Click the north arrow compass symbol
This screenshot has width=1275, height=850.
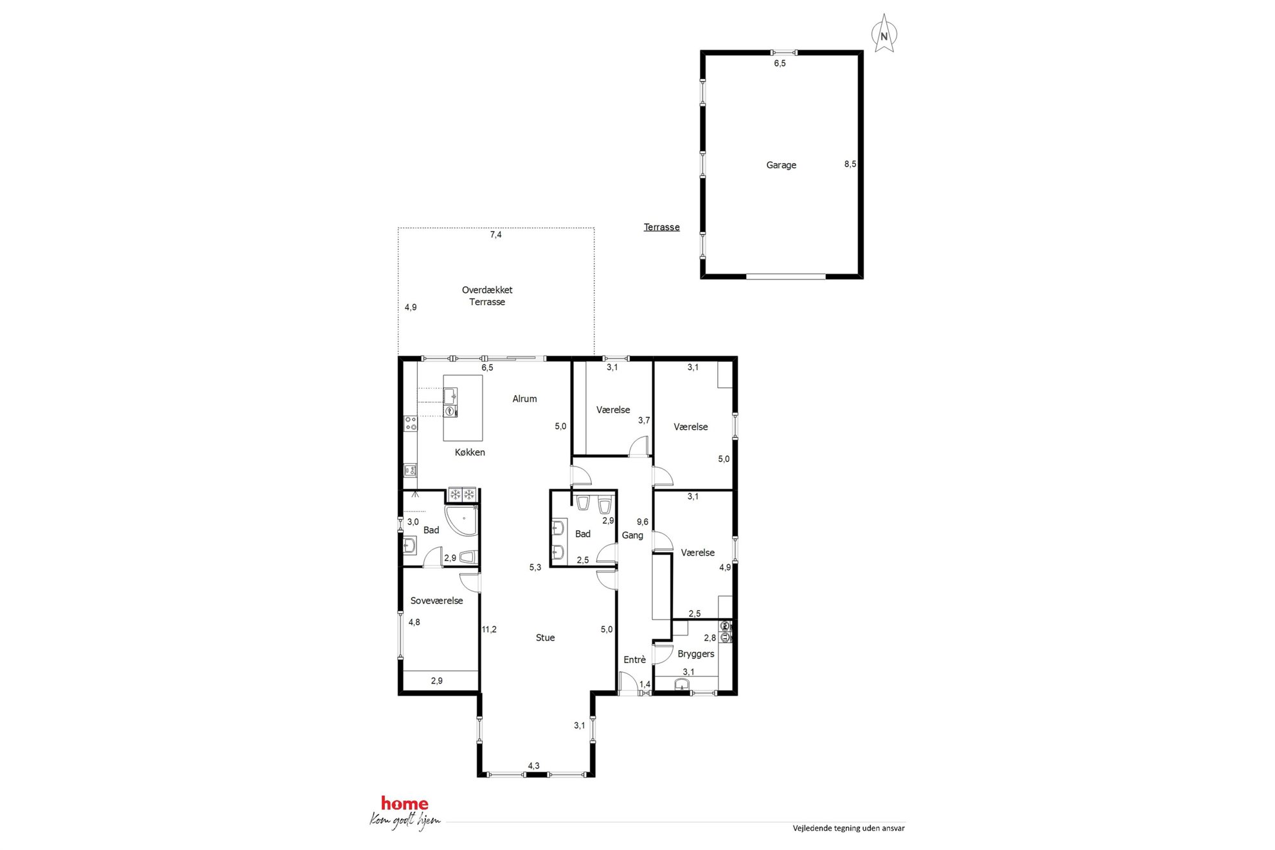click(884, 33)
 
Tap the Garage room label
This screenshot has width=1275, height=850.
click(781, 165)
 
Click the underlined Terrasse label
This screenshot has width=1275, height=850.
click(661, 227)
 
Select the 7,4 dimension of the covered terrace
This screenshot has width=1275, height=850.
click(495, 235)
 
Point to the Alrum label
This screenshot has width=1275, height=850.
click(524, 398)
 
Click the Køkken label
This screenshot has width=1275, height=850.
click(470, 452)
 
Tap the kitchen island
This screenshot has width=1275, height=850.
click(463, 408)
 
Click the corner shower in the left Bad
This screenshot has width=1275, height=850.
click(462, 520)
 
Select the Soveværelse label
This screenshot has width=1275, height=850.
click(436, 601)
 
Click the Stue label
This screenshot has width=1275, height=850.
click(545, 637)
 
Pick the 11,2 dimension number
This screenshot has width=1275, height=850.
click(489, 630)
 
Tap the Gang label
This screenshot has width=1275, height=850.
click(632, 535)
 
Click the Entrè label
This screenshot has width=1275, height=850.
click(634, 660)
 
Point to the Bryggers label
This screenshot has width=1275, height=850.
click(696, 654)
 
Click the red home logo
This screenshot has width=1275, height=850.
click(404, 803)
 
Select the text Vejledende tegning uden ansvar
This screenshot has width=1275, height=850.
click(848, 828)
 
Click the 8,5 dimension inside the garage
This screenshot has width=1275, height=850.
click(850, 164)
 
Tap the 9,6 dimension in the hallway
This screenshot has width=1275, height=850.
click(642, 522)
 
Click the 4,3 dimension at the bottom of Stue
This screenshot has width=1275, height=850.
click(533, 766)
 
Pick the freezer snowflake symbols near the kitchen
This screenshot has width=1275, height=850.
click(462, 494)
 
